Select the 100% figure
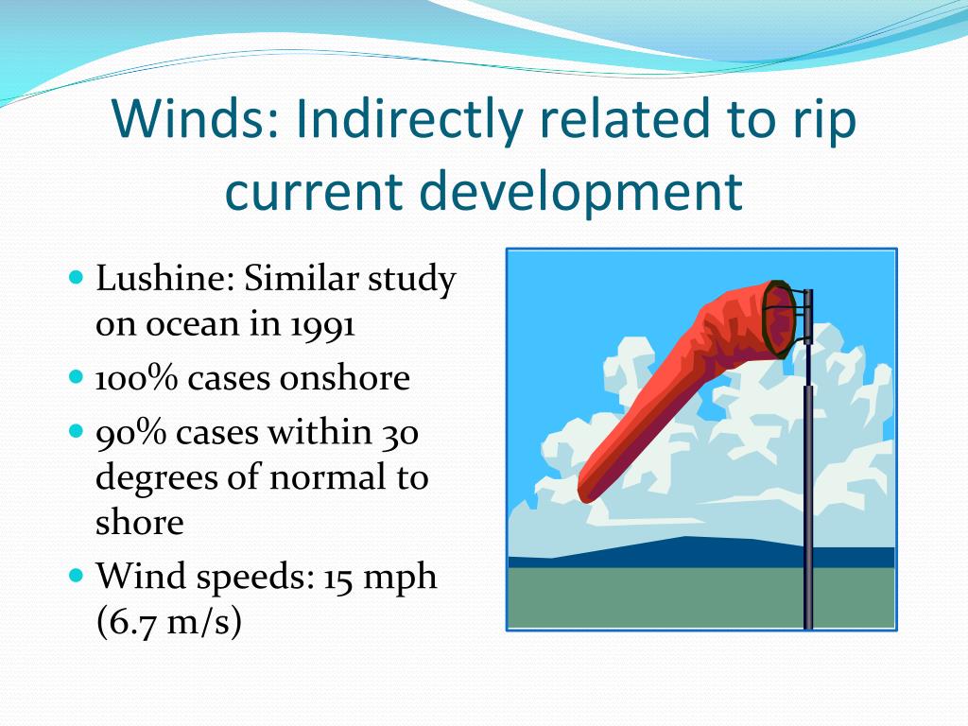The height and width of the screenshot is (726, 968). (136, 378)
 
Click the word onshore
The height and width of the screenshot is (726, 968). (344, 378)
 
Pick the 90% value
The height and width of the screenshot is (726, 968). (130, 432)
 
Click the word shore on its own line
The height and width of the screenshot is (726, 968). (140, 522)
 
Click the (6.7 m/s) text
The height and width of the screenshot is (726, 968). (168, 622)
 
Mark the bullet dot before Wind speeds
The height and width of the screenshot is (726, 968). (76, 576)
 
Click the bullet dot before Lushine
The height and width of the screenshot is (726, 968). (76, 277)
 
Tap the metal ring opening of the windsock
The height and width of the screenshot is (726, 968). (779, 320)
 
